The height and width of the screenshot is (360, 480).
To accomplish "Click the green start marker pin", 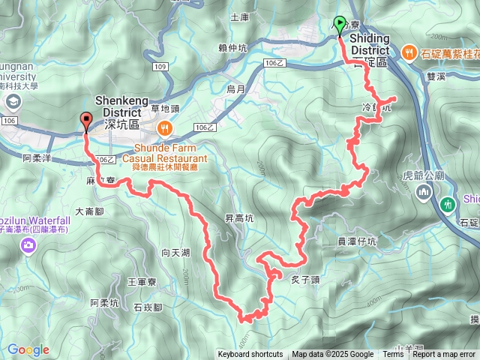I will pyautogui.click(x=340, y=25).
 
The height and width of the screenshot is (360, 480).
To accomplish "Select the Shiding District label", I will pyautogui.click(x=370, y=44).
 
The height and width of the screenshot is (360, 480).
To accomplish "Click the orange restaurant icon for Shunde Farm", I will pyautogui.click(x=164, y=129).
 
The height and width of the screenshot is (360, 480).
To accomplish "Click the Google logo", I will pyautogui.click(x=28, y=349).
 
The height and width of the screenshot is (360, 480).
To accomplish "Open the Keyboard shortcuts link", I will pyautogui.click(x=250, y=355).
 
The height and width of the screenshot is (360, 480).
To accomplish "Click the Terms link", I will pyautogui.click(x=393, y=355).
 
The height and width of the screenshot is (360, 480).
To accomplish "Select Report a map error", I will pyautogui.click(x=444, y=355).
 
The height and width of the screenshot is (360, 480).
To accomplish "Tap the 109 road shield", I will pyautogui.click(x=158, y=67).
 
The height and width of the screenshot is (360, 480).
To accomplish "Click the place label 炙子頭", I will pyautogui.click(x=305, y=280).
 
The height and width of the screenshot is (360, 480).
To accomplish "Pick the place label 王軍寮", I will pyautogui.click(x=141, y=282).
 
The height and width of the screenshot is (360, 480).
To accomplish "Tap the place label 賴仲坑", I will pyautogui.click(x=233, y=48).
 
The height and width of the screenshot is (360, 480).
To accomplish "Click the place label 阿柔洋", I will pyautogui.click(x=36, y=158).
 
